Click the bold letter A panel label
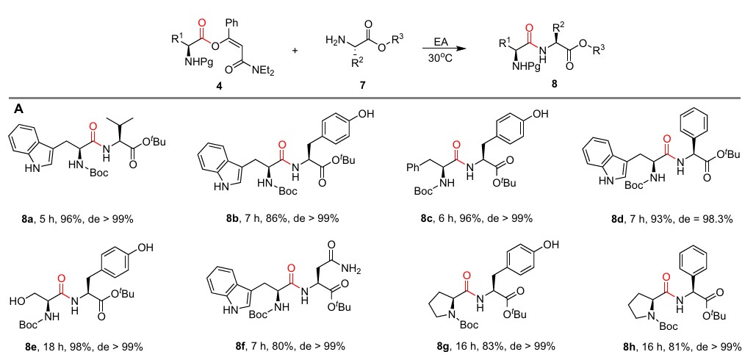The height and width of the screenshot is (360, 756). [x=18, y=108]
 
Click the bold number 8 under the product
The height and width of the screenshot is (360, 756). [x=554, y=84]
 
